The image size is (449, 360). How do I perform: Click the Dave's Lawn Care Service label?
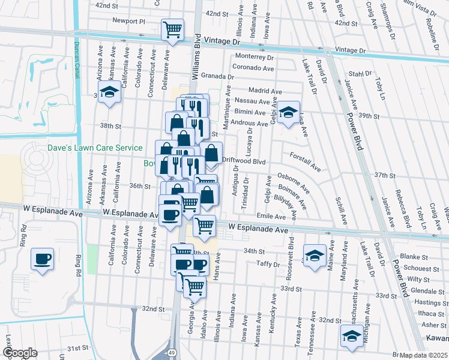(x=96, y=148)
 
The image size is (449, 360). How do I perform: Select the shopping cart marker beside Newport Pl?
(x=172, y=29)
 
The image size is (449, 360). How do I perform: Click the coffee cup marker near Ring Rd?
(x=42, y=259)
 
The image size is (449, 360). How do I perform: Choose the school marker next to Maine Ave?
(x=314, y=256)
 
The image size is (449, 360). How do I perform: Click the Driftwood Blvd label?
(x=244, y=161)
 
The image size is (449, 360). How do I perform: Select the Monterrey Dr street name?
(x=255, y=58)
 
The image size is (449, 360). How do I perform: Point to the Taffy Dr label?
(x=268, y=264)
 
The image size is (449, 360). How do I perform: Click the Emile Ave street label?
(x=271, y=216)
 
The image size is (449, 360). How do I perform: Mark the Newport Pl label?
(x=129, y=20)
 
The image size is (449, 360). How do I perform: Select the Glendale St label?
(x=428, y=291)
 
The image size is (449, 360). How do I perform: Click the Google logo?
(x=20, y=352)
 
